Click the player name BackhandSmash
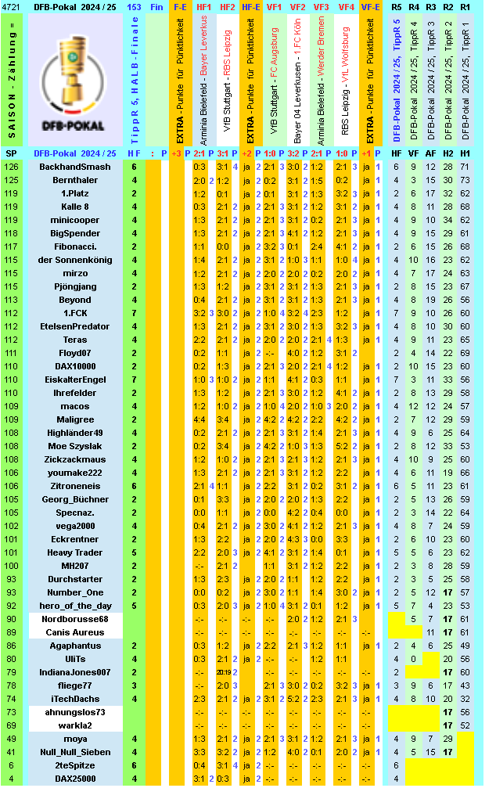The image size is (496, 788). [x=75, y=167]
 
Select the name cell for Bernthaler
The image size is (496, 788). [x=75, y=180]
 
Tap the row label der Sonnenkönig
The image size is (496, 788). [x=75, y=260]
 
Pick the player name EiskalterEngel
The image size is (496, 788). [x=75, y=380]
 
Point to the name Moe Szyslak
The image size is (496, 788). [x=75, y=446]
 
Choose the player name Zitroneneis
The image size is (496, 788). [x=75, y=486]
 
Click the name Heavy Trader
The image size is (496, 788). [x=75, y=552]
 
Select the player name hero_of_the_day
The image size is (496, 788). [x=75, y=606]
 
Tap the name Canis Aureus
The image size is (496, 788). [x=75, y=632]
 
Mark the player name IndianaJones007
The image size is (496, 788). [x=75, y=672]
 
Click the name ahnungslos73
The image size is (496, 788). [x=75, y=712]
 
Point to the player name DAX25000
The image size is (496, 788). [x=75, y=779]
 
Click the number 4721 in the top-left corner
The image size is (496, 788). [x=12, y=6]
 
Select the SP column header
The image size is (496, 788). [x=12, y=153]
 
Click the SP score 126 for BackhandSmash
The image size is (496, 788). [x=12, y=167]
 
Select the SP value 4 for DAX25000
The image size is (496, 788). [x=12, y=779]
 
